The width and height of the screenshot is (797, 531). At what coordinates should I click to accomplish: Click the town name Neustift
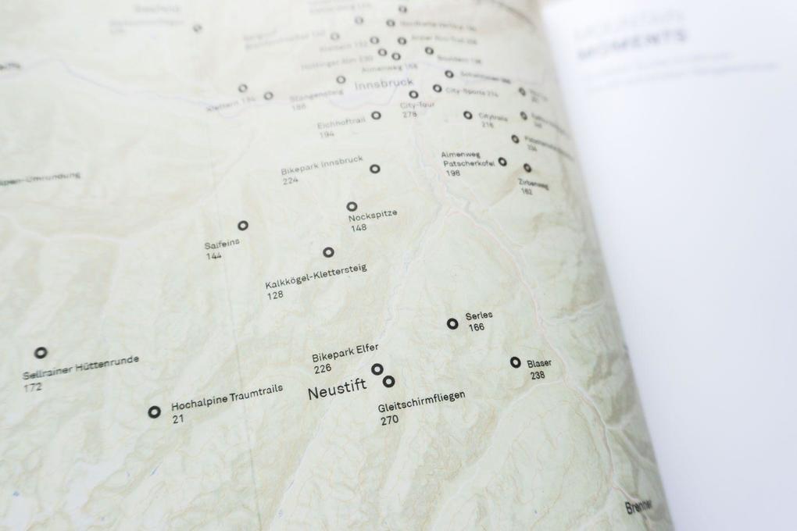click(337, 391)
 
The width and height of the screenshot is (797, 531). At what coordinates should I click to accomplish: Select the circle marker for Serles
click(452, 323)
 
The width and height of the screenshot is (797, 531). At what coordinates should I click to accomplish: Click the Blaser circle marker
click(516, 362)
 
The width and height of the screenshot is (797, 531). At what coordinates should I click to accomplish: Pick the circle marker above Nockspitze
click(352, 206)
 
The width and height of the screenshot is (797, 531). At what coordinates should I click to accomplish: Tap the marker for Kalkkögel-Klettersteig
click(328, 252)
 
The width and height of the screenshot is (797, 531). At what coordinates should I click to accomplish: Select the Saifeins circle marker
click(243, 225)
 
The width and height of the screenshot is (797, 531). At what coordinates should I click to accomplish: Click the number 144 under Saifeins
click(213, 256)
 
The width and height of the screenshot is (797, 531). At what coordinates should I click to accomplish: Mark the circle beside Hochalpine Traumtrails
click(155, 412)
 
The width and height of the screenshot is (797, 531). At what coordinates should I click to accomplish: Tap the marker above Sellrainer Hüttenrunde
click(41, 352)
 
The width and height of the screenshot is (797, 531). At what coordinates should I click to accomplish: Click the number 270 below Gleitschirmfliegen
click(389, 420)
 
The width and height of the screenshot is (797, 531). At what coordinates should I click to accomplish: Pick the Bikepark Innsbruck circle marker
click(375, 169)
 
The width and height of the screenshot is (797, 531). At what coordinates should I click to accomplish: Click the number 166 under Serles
click(477, 327)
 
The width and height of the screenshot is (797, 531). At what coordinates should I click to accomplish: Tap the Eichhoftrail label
click(342, 123)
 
